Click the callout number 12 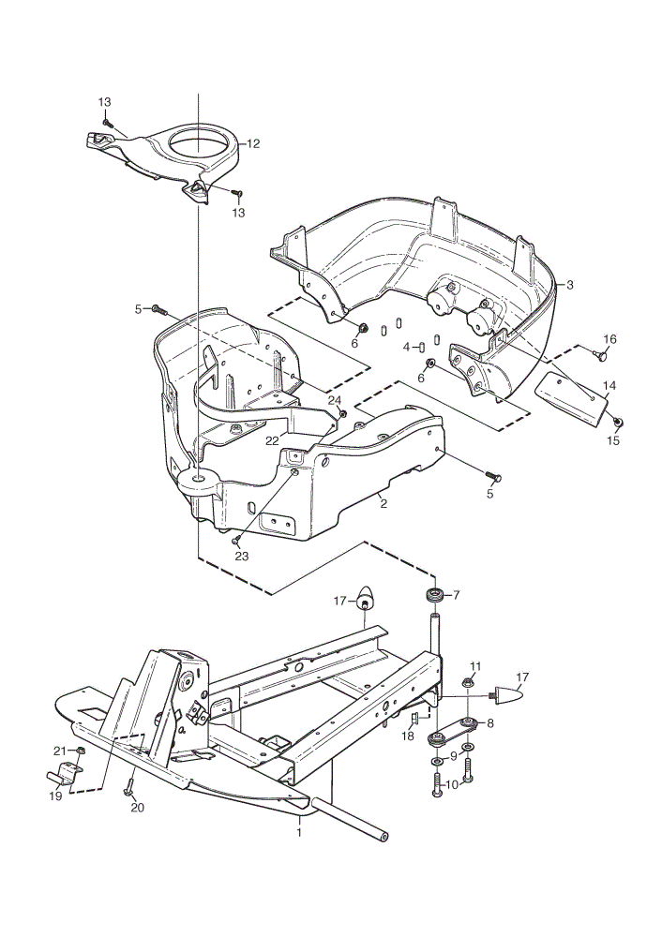(x=253, y=143)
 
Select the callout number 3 (x=570, y=285)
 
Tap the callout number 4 (x=407, y=347)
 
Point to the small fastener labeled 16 (x=602, y=355)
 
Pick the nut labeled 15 (x=619, y=423)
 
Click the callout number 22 (x=273, y=440)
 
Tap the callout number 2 (x=384, y=504)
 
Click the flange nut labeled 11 (x=468, y=682)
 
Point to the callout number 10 (x=452, y=784)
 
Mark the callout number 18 (x=408, y=736)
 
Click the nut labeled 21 (x=82, y=751)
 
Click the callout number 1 (x=300, y=832)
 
